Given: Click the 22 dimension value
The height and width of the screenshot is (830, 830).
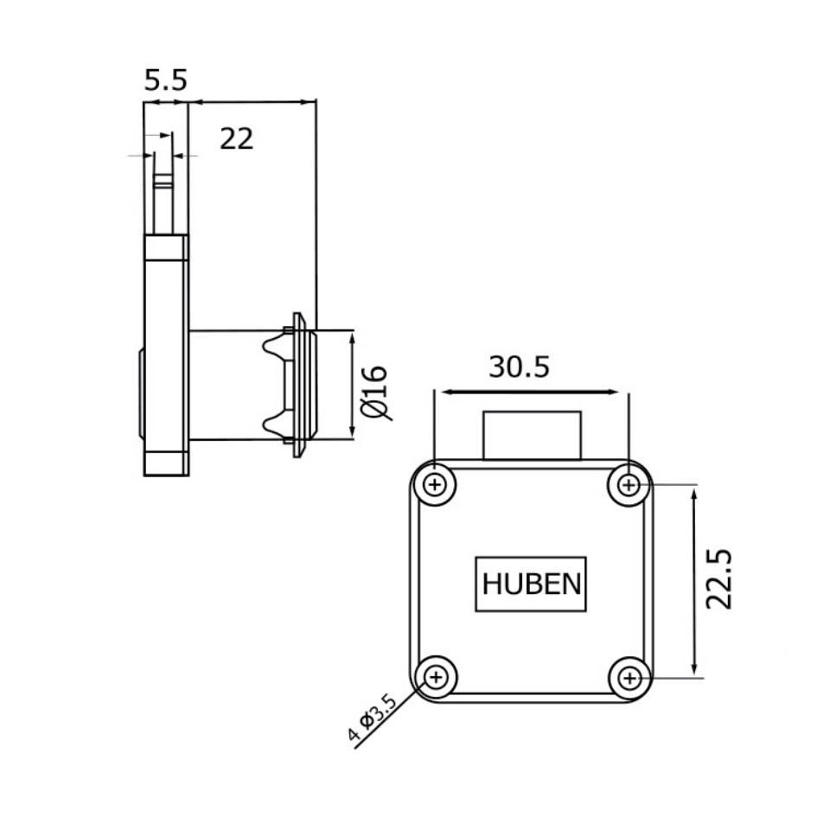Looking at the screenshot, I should click(x=236, y=138).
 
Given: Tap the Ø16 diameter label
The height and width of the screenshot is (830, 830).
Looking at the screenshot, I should click(x=374, y=392).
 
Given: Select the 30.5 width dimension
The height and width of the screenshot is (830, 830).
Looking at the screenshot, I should click(x=519, y=367).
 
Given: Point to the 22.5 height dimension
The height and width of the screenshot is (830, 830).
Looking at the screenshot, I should click(x=718, y=578).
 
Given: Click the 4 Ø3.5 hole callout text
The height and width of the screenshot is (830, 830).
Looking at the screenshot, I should click(x=372, y=719).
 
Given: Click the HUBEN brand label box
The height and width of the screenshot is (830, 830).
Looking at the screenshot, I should click(x=531, y=584).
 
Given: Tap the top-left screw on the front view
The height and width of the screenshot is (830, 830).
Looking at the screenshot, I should click(x=436, y=485).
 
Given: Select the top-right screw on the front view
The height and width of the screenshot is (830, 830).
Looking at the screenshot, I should click(x=629, y=485).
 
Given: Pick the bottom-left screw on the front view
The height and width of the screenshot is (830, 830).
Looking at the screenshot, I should click(x=436, y=676).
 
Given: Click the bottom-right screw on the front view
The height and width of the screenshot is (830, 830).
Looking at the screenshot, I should click(x=629, y=677).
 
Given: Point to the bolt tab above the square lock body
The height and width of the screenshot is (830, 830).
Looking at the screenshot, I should click(x=531, y=436).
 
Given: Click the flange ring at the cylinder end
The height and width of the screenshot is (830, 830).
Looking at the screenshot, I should click(x=300, y=385).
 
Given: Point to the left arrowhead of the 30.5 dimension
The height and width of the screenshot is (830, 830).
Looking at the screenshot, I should click(x=445, y=392).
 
